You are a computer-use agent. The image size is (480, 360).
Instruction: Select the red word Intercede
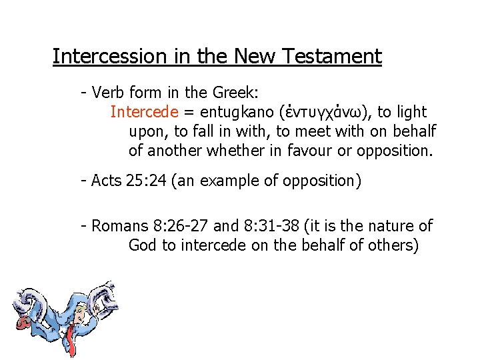(x=144, y=112)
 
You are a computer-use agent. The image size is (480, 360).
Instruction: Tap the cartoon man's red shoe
(x=21, y=323)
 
